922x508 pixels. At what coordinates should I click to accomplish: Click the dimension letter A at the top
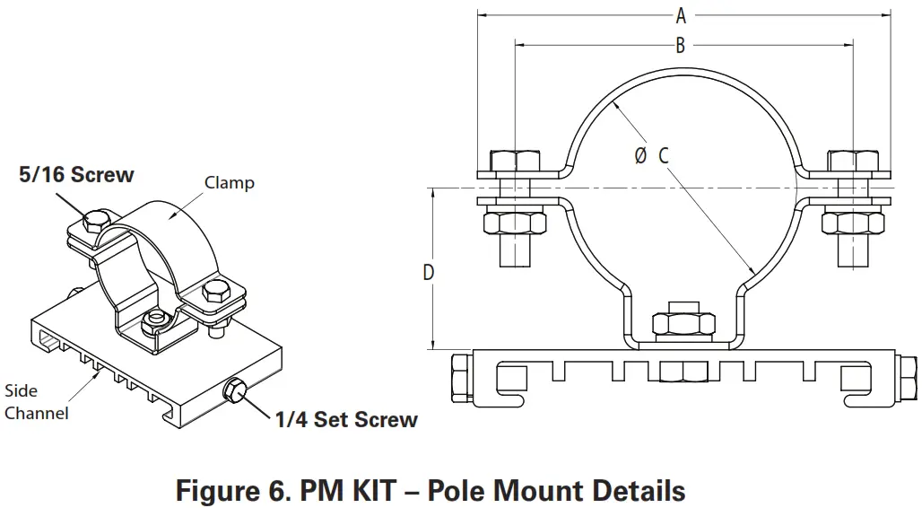tap(681, 15)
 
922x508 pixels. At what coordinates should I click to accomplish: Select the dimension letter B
tap(681, 45)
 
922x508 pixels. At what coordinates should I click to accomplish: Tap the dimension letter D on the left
tap(429, 271)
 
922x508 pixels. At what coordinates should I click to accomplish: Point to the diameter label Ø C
tap(652, 155)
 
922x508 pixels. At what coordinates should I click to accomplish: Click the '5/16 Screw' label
tap(76, 175)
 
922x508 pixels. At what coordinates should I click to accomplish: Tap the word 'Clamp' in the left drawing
tap(230, 183)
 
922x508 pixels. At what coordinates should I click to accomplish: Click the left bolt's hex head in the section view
tap(513, 162)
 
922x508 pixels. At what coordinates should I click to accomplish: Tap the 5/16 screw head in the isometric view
tap(97, 222)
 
